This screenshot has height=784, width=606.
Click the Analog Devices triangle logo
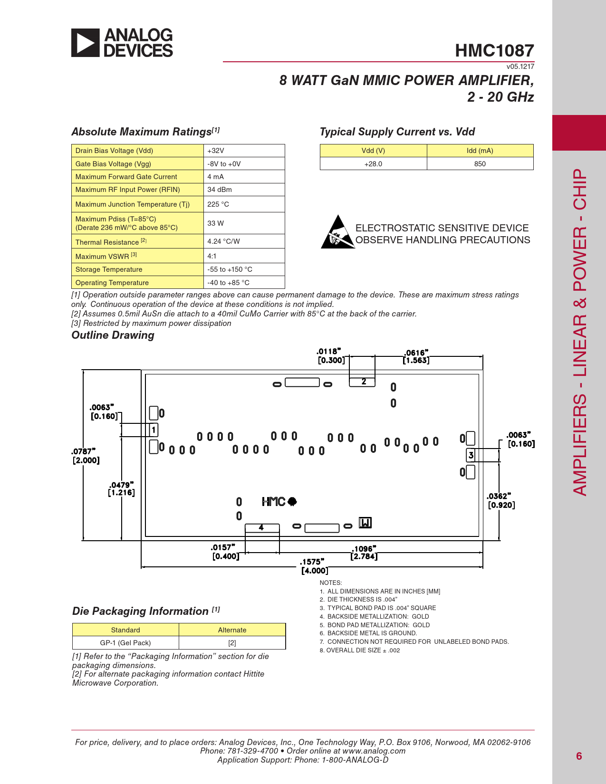[x=85, y=43]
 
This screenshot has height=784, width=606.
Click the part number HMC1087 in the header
[x=494, y=50]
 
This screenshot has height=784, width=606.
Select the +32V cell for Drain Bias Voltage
[x=244, y=151]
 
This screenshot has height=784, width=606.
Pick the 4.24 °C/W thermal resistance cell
[x=244, y=241]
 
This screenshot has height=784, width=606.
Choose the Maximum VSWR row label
[x=106, y=256]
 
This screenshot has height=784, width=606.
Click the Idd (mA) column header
[x=480, y=151]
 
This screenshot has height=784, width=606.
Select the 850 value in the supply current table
[x=480, y=164]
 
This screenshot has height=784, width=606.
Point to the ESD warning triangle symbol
[x=338, y=232]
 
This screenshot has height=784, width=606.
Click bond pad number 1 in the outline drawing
[x=154, y=430]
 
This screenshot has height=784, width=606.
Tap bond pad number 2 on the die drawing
[x=362, y=382]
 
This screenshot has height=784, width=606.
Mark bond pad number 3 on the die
[x=471, y=455]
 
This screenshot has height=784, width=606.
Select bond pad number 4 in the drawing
[x=262, y=528]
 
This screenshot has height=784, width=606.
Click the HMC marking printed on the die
[x=279, y=501]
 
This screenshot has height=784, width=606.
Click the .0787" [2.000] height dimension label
[x=86, y=456]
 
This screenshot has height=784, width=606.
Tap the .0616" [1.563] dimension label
[x=416, y=356]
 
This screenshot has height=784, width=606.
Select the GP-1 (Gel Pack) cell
[x=125, y=642]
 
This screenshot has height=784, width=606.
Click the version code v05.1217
[x=520, y=67]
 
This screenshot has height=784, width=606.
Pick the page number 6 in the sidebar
[x=579, y=756]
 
